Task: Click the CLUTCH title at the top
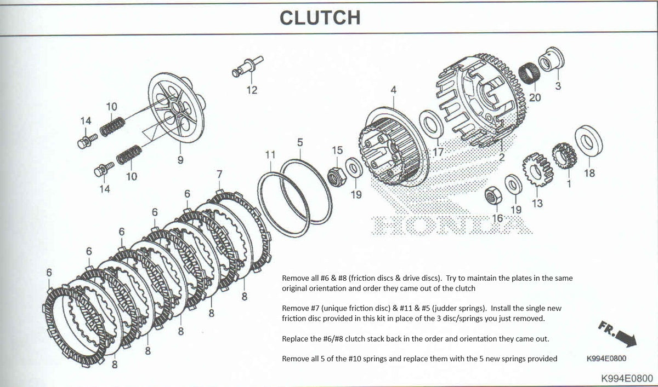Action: point(320,17)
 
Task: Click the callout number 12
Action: point(252,90)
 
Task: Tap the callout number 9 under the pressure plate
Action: point(180,160)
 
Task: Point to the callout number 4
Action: point(393,89)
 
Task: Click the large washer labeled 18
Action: point(588,143)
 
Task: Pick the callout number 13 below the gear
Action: point(537,204)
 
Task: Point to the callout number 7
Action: point(219,174)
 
